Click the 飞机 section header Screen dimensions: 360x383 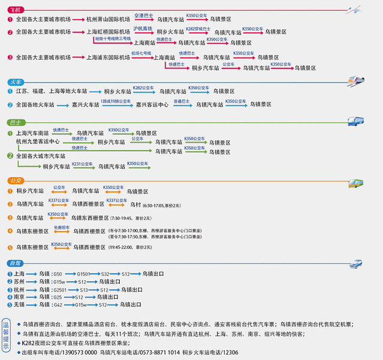pos(15,10)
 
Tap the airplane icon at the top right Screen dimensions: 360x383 pos(358,9)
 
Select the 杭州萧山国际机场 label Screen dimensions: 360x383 pos(108,19)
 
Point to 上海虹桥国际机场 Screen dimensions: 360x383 pos(108,32)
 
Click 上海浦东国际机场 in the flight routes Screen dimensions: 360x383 pos(108,58)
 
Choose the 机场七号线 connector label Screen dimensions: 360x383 pos(141,53)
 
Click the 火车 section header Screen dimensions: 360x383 pos(15,82)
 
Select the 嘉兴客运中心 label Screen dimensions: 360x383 pos(152,104)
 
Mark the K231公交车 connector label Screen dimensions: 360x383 pos(83,163)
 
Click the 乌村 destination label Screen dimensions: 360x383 pos(135,205)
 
